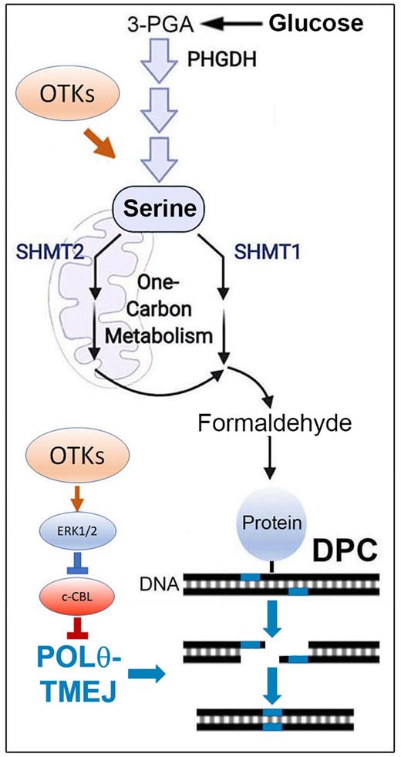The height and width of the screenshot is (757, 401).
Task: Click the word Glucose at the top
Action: coord(315,23)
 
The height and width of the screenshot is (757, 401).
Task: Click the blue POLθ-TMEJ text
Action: coord(68,660)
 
